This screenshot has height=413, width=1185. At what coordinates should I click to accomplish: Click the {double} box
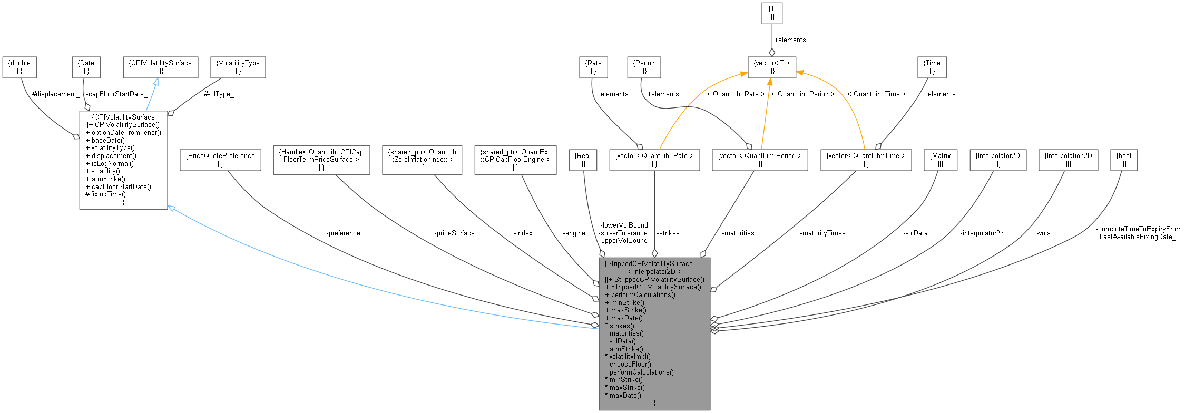click(x=19, y=67)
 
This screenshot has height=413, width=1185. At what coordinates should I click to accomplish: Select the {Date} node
click(x=86, y=67)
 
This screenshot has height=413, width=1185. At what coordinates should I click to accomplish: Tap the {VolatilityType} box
click(x=238, y=67)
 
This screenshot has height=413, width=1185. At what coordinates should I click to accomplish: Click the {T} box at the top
click(x=772, y=13)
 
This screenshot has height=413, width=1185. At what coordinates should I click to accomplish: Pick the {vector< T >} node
click(x=772, y=67)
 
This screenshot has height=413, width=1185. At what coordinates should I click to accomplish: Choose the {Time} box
click(x=932, y=67)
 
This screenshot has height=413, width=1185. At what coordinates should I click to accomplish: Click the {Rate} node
click(x=593, y=67)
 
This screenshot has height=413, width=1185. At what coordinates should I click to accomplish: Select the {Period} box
click(x=644, y=67)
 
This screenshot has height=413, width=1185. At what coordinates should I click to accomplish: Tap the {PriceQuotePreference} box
click(x=220, y=160)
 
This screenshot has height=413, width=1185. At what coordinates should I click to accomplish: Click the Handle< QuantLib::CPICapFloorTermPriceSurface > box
click(x=321, y=160)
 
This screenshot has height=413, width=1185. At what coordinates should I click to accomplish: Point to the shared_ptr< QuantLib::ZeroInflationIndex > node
click(x=422, y=160)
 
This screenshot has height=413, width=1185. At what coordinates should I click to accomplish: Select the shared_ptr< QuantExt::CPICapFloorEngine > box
click(x=515, y=160)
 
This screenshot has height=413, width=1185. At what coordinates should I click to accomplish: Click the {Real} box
click(x=583, y=160)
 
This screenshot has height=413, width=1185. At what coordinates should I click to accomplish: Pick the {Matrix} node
click(x=941, y=160)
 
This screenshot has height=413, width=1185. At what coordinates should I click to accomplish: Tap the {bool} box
click(x=1124, y=160)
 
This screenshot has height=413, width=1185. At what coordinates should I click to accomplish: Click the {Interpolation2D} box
click(x=1069, y=160)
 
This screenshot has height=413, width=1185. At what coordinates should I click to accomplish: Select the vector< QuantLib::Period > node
click(x=760, y=160)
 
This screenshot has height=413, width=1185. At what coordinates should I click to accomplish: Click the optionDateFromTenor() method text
click(x=126, y=133)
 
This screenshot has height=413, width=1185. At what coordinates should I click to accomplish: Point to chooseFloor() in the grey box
click(x=630, y=364)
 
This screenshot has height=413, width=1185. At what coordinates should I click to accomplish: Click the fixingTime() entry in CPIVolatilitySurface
click(x=108, y=194)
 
